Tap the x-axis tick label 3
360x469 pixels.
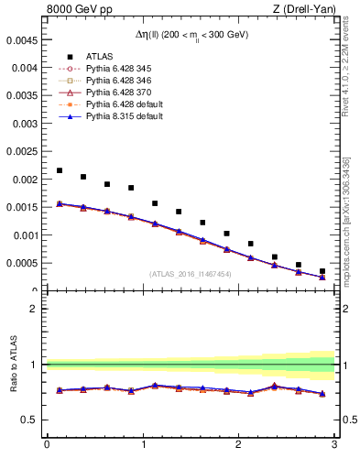point(334,445)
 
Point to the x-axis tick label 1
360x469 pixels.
point(142,445)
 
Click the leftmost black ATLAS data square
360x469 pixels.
point(60,170)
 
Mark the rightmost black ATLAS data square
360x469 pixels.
point(322,271)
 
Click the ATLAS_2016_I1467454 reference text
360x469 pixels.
point(191,274)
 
